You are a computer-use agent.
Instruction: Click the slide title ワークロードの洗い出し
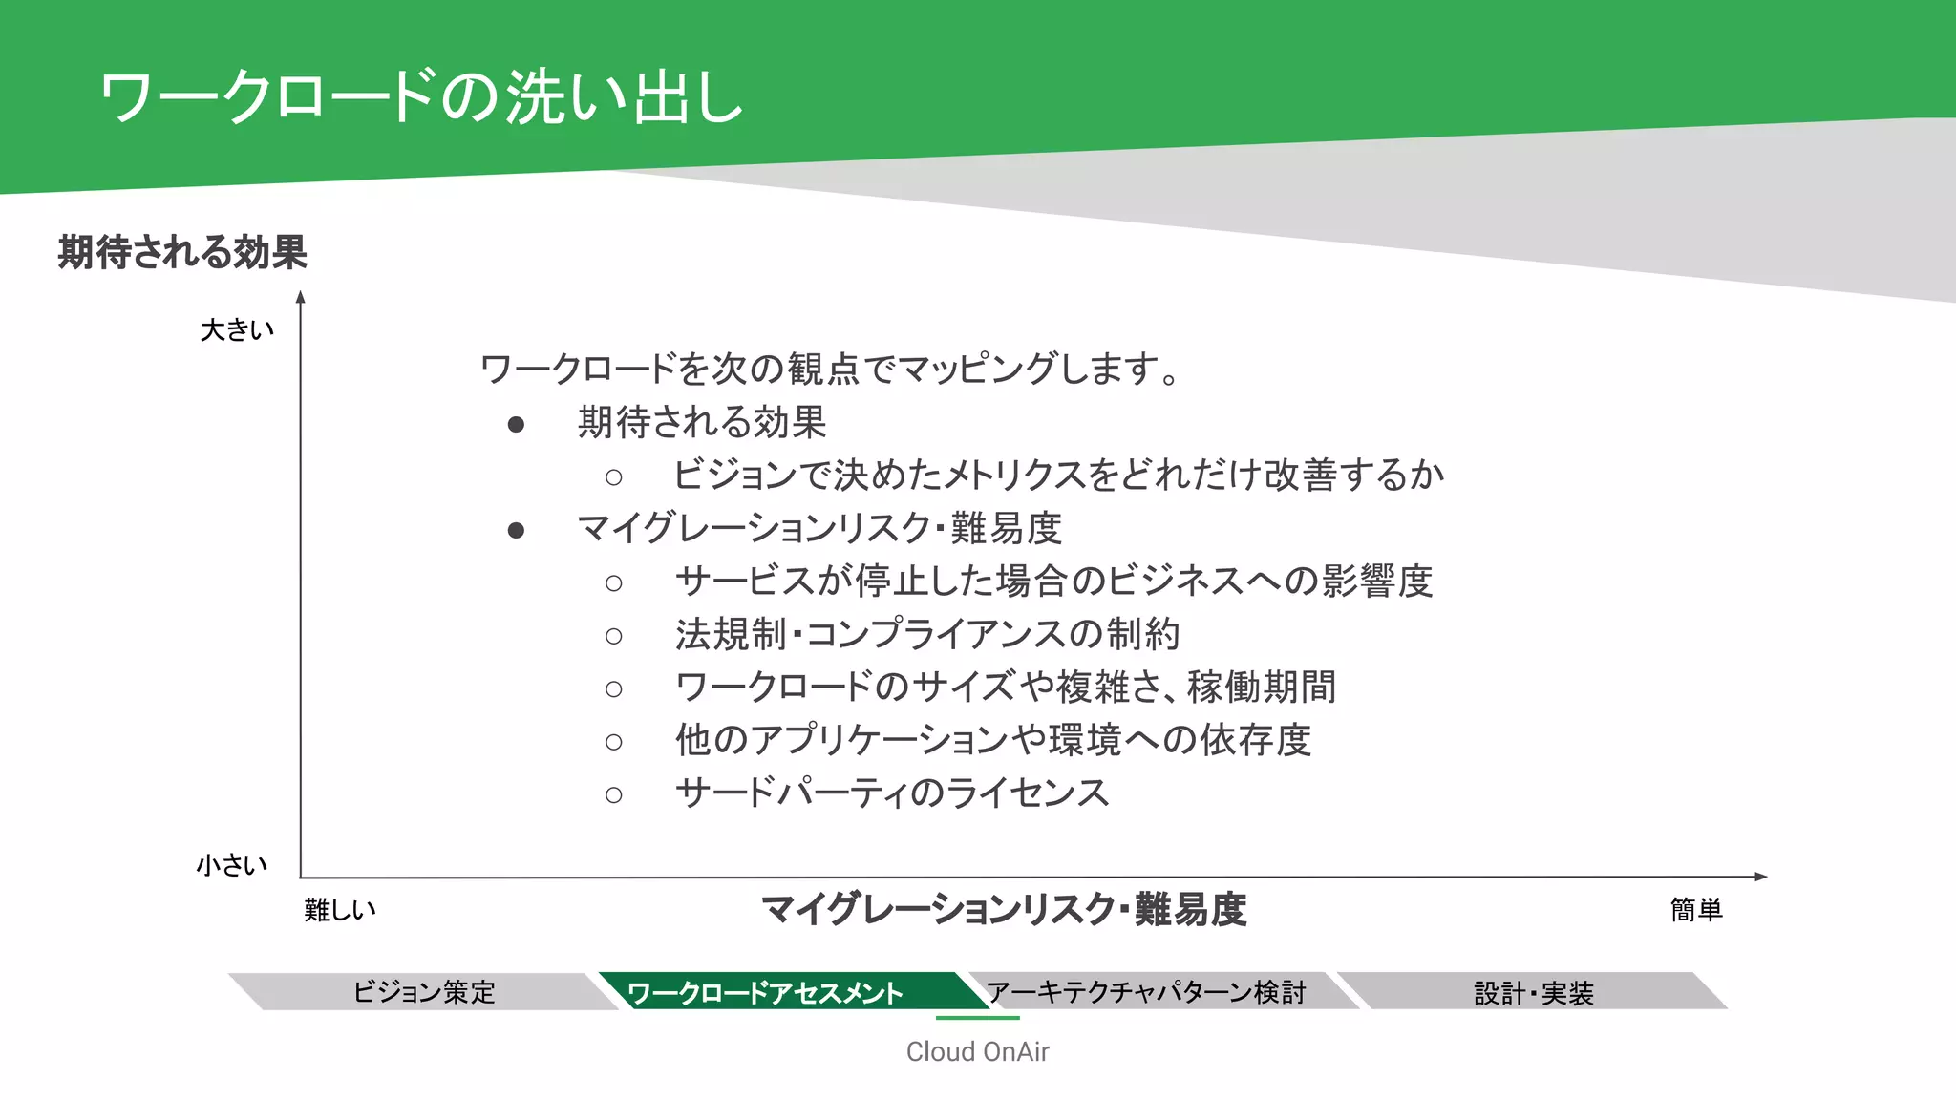[x=420, y=97]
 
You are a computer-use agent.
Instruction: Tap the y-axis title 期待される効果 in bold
[x=182, y=252]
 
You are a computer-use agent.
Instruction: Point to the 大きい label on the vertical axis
[x=237, y=330]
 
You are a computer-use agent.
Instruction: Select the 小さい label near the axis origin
[x=232, y=865]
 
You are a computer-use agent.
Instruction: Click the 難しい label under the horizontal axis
[x=340, y=910]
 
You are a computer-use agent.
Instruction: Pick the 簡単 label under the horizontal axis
[x=1696, y=910]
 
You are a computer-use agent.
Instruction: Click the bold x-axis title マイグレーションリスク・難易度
[x=1004, y=909]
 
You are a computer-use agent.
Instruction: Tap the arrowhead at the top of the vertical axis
[x=301, y=297]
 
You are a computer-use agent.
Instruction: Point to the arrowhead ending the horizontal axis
[x=1761, y=877]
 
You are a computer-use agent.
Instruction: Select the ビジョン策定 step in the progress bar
[x=424, y=992]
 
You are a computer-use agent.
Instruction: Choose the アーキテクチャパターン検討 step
[x=1146, y=992]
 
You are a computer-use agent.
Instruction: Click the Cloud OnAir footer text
[x=977, y=1051]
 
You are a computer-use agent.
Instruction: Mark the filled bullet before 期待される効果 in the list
[x=516, y=424]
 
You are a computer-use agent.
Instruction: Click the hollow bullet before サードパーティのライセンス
[x=613, y=794]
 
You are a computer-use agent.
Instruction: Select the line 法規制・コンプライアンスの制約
[x=927, y=634]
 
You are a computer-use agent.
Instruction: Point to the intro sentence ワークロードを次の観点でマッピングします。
[x=829, y=369]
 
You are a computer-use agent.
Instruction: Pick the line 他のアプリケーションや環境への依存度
[x=993, y=740]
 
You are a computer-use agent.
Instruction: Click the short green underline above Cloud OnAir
[x=977, y=1018]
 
